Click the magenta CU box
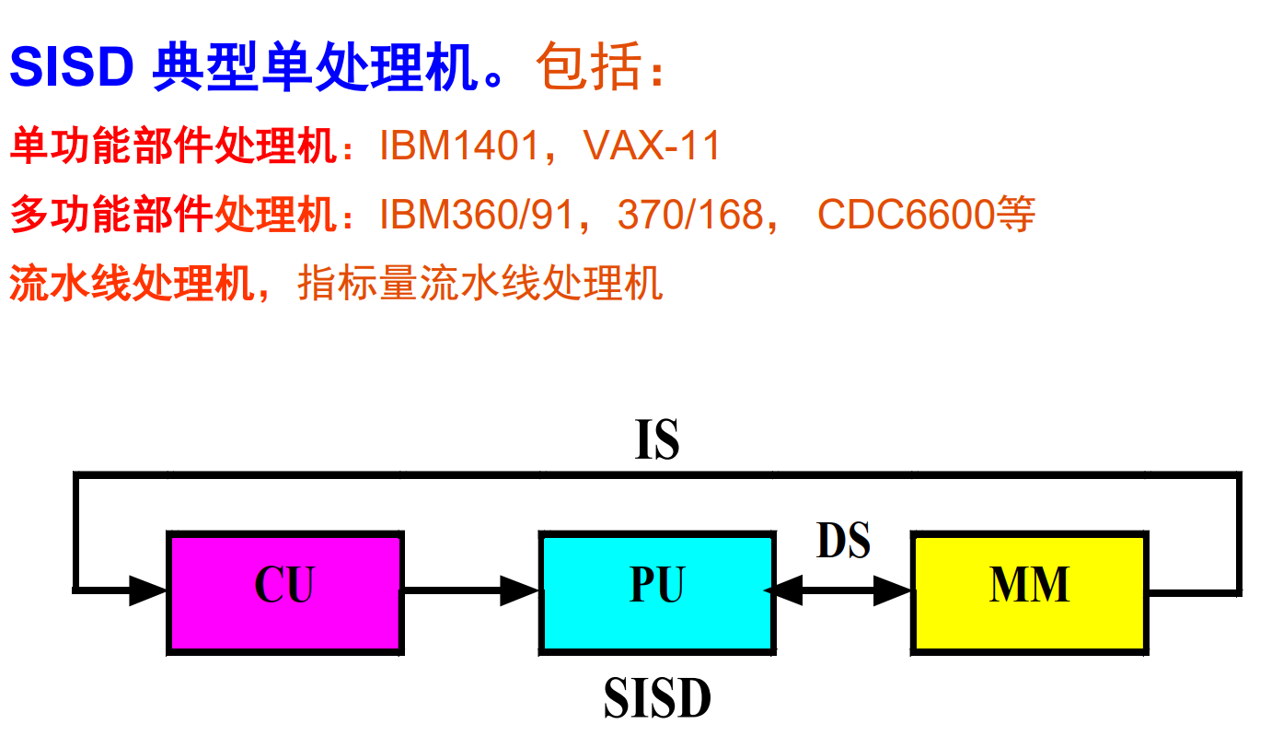click(x=284, y=590)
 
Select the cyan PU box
click(x=656, y=590)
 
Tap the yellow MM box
click(x=1029, y=590)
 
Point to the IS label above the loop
click(x=657, y=441)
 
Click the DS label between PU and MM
click(x=843, y=541)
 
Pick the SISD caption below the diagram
click(x=657, y=699)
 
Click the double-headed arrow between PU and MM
click(x=843, y=590)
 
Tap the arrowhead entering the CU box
click(x=147, y=590)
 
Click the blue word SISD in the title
click(x=73, y=67)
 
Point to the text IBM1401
click(x=458, y=146)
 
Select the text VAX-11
click(x=653, y=146)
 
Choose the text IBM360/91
click(x=477, y=216)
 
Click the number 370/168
click(x=690, y=216)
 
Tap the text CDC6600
click(x=906, y=216)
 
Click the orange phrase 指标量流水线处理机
click(x=480, y=283)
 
